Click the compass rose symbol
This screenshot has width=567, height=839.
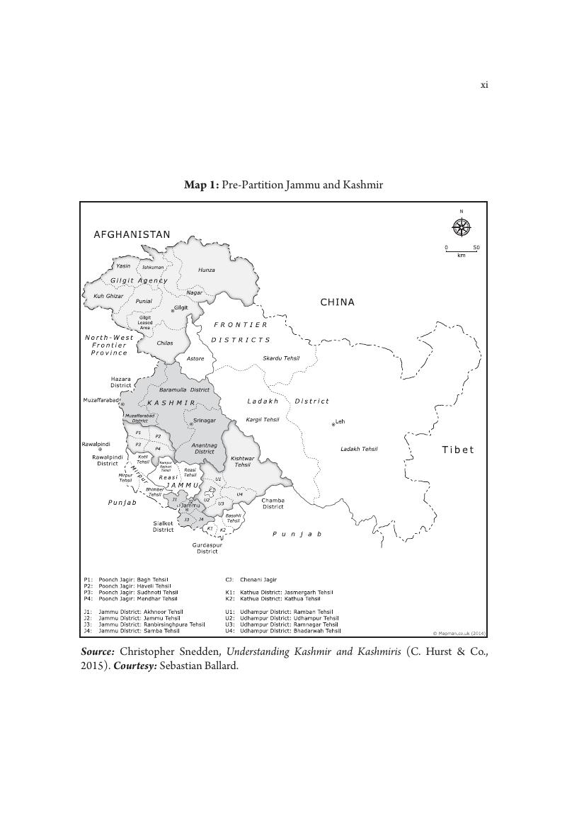click(x=461, y=227)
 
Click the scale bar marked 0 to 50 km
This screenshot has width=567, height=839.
click(x=462, y=251)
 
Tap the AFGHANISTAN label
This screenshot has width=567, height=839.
click(x=132, y=234)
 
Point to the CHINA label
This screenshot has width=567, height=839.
click(x=338, y=302)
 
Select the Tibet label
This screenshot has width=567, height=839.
click(x=458, y=450)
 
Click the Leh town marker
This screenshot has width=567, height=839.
click(x=333, y=424)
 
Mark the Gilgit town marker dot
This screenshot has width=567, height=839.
click(x=172, y=310)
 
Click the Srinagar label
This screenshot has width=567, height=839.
click(x=205, y=421)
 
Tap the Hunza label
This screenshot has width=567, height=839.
click(x=207, y=270)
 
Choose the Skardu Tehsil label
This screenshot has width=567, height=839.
click(x=281, y=358)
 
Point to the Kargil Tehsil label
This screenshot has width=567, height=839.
click(x=263, y=419)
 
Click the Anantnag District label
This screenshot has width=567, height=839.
click(x=205, y=448)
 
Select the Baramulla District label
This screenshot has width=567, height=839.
click(x=184, y=389)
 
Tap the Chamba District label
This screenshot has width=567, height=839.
click(x=273, y=503)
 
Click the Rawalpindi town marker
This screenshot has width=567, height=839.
click(x=100, y=450)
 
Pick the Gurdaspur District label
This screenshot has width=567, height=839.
click(x=207, y=548)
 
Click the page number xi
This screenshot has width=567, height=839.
click(x=484, y=85)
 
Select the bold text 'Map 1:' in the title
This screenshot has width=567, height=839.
click(x=202, y=185)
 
